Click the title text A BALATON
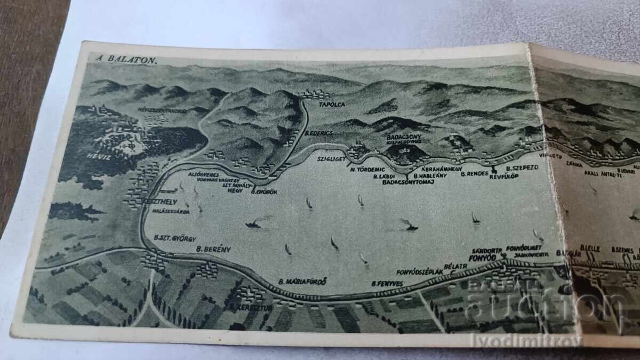click(126, 59)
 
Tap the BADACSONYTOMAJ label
click(409, 182)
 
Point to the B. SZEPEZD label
click(522, 167)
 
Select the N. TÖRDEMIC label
click(368, 169)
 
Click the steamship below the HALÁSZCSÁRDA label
click(254, 225)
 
